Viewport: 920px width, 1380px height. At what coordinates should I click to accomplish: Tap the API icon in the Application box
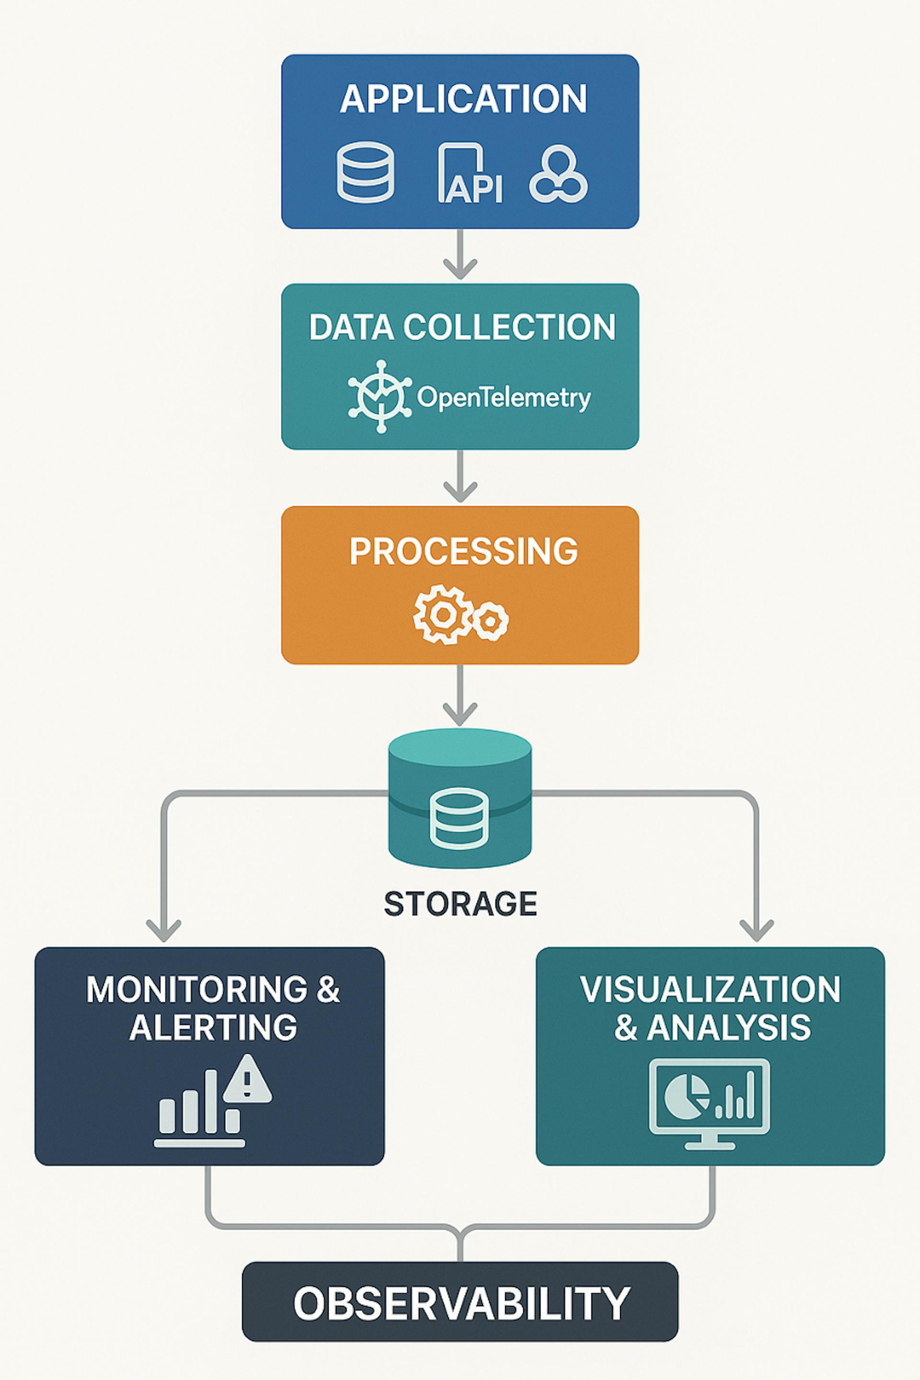click(x=470, y=173)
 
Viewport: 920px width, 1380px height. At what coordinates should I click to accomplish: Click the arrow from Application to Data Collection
click(x=460, y=253)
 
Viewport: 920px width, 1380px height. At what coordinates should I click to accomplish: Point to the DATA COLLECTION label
click(x=462, y=327)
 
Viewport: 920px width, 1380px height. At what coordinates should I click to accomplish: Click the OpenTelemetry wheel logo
click(x=380, y=397)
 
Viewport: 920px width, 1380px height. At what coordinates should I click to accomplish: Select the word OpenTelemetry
click(x=504, y=398)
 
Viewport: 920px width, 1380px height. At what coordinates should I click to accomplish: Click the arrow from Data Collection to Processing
click(x=460, y=475)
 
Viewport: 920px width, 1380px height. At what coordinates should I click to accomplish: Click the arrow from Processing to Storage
click(x=460, y=695)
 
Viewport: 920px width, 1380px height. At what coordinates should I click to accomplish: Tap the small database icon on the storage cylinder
click(x=460, y=818)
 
